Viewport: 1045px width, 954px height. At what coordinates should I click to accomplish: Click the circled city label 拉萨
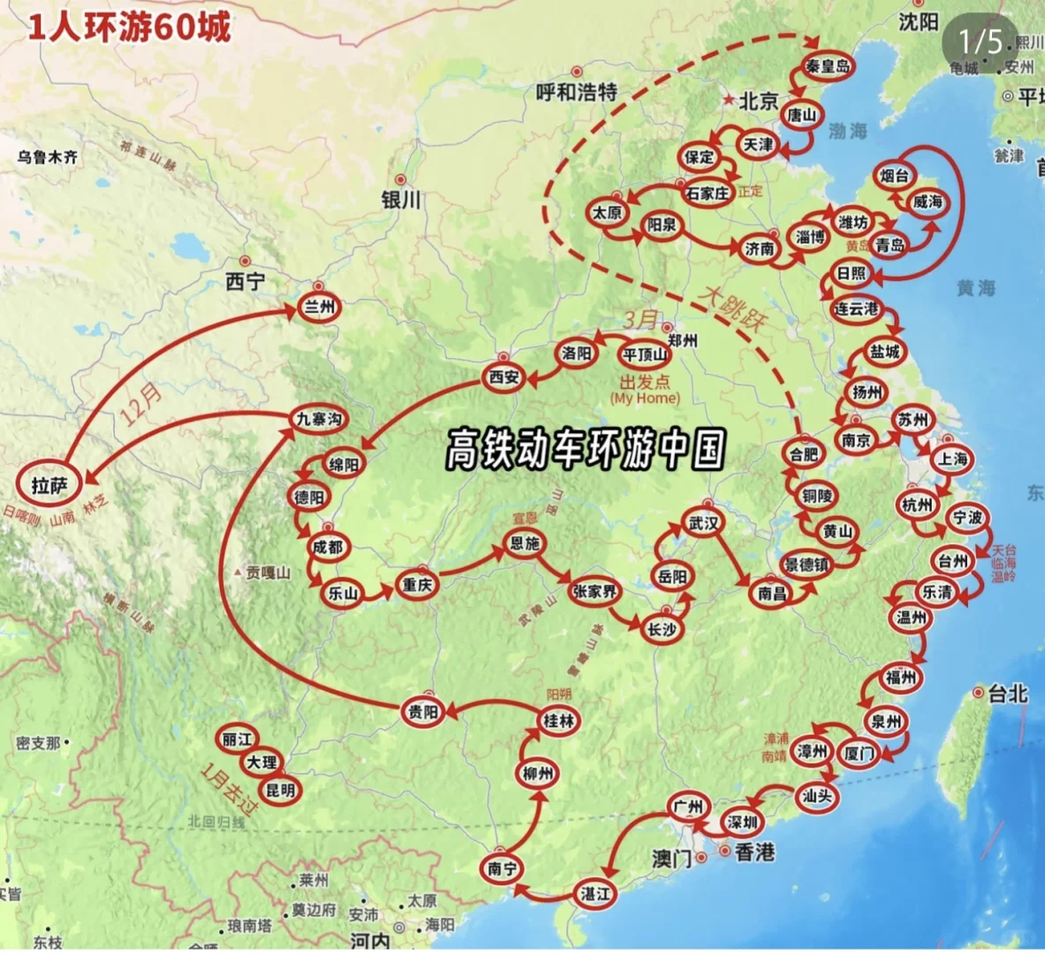click(49, 483)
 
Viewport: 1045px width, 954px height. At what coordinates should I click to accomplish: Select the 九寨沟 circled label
click(319, 419)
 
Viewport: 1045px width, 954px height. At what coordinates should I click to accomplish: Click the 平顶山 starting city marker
click(645, 355)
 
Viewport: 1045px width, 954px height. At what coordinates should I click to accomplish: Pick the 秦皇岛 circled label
click(829, 66)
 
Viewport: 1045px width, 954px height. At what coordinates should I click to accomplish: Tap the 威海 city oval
click(928, 201)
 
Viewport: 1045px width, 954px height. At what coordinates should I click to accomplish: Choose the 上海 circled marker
click(953, 458)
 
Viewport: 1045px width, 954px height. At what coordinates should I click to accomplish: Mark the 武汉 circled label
click(704, 523)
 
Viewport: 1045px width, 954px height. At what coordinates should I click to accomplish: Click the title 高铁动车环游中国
click(585, 450)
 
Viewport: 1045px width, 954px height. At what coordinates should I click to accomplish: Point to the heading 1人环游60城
click(130, 26)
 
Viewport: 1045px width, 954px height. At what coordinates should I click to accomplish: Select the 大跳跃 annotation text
click(732, 309)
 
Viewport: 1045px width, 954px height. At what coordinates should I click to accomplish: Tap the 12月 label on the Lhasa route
click(142, 405)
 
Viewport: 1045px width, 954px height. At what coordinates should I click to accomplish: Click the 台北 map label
click(1007, 693)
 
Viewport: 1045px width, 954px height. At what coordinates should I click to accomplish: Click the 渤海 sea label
click(848, 132)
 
